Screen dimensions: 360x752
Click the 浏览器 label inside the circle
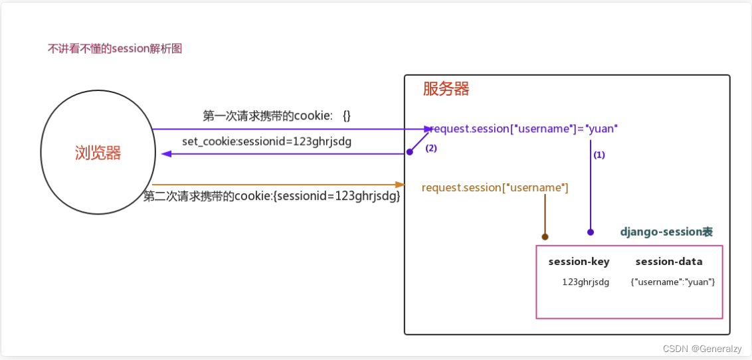tap(98, 153)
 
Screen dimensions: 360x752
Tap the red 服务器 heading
tap(446, 89)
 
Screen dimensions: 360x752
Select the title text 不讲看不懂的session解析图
tap(114, 48)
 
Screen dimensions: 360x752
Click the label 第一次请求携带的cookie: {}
tap(276, 116)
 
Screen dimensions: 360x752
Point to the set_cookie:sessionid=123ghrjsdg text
tap(266, 141)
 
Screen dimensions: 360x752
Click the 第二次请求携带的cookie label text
tap(272, 196)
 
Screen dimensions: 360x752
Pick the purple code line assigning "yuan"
tap(525, 129)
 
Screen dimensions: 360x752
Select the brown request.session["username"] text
tap(495, 188)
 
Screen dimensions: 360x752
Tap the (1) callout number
tap(599, 155)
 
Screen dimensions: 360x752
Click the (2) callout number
tap(431, 149)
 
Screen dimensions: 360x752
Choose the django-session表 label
tap(666, 232)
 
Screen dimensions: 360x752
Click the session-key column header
tap(579, 262)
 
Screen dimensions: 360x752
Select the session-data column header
tap(668, 262)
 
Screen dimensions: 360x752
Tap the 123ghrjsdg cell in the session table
tap(585, 282)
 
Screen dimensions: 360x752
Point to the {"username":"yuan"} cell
tap(672, 282)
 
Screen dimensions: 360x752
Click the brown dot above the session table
tap(545, 236)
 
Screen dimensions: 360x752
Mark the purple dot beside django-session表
tap(590, 232)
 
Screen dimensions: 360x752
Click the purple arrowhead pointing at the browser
tap(167, 153)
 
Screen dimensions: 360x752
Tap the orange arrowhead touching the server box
tap(399, 184)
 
